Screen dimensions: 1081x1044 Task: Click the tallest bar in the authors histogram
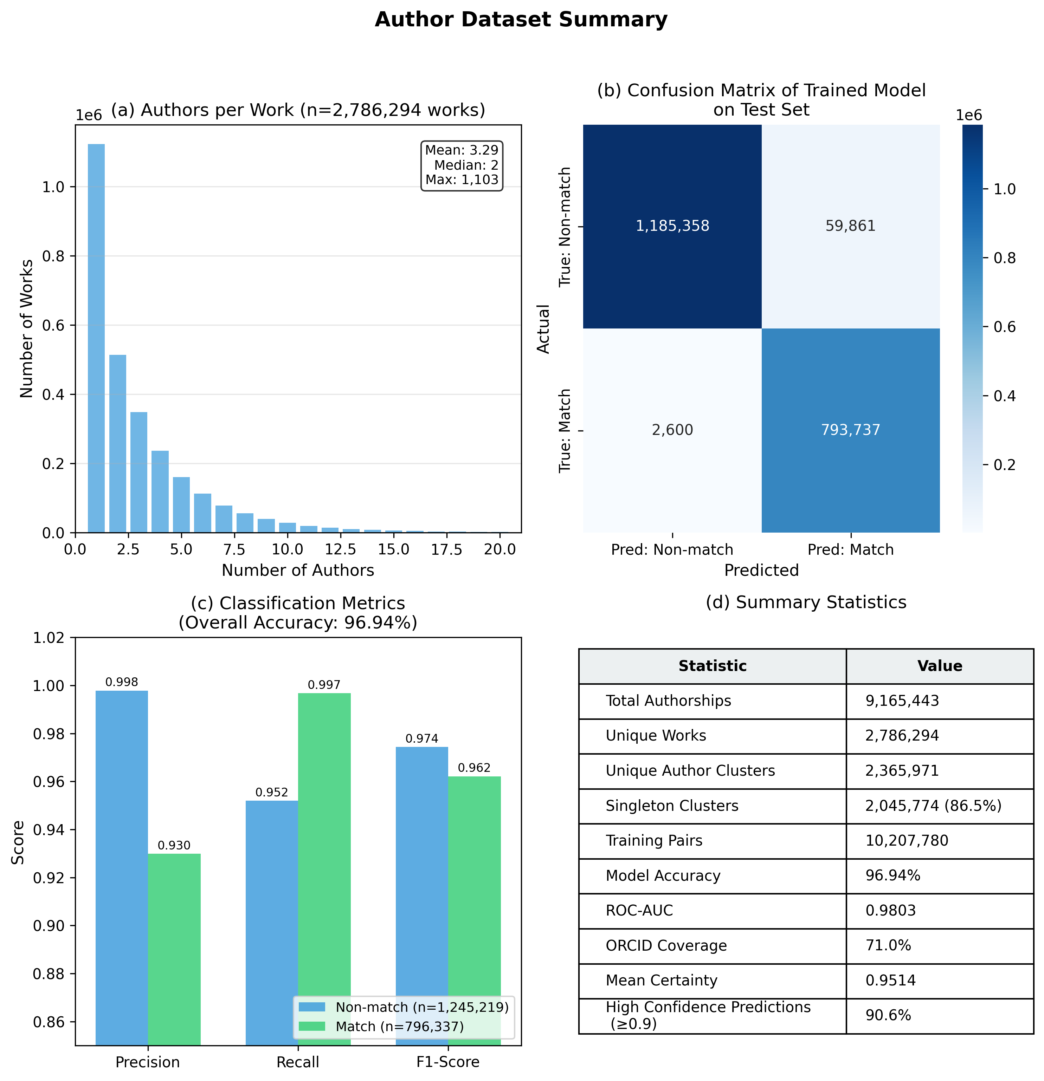(96, 338)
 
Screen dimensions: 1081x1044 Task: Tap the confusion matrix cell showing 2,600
(672, 430)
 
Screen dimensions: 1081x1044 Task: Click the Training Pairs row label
(654, 841)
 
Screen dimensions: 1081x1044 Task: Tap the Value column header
(939, 666)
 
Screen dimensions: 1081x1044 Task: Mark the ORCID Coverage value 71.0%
(888, 945)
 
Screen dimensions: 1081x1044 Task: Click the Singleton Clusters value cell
(933, 806)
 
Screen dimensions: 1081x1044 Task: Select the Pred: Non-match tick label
(672, 550)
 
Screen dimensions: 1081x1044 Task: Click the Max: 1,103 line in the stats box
(462, 180)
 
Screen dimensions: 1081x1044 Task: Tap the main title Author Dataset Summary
(521, 20)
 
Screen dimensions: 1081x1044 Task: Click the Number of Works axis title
(26, 329)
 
